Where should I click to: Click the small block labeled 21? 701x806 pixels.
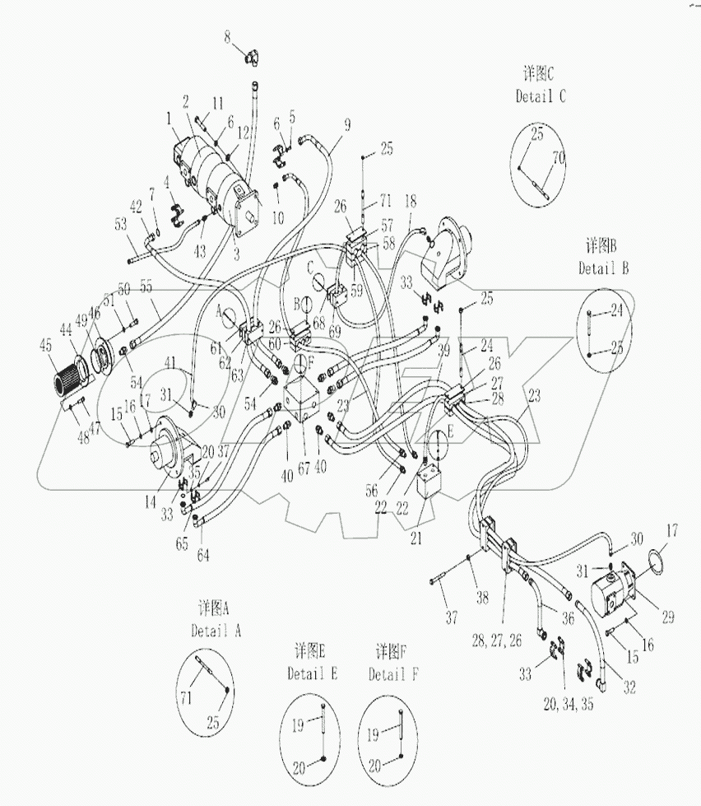[434, 482]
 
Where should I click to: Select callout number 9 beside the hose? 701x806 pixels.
[347, 125]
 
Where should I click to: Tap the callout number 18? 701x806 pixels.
[411, 200]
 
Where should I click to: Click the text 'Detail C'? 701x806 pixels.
[541, 96]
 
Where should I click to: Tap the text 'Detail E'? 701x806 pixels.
[312, 673]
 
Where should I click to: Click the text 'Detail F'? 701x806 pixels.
[393, 674]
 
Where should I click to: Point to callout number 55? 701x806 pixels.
[146, 287]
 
